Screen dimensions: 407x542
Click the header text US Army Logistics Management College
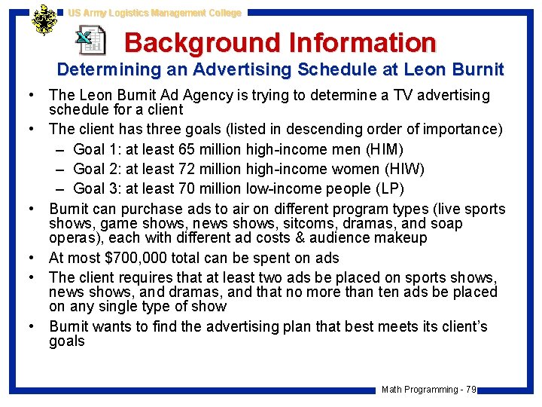coord(154,13)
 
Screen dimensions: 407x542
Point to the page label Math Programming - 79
coord(428,390)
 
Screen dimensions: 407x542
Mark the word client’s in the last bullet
coord(461,326)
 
